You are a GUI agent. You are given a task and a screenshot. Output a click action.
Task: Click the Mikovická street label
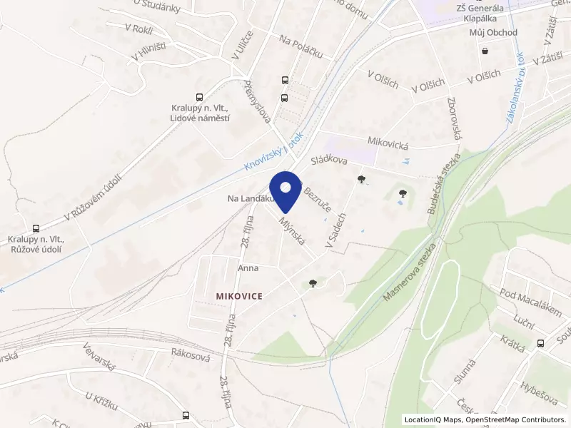[x=388, y=144]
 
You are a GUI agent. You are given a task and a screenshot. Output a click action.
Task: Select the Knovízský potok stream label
[x=274, y=151]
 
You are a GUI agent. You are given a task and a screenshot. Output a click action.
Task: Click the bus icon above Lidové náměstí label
[x=198, y=97]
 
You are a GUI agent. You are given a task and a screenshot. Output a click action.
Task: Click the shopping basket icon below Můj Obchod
[x=485, y=51]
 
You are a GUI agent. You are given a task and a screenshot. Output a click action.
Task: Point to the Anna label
[x=248, y=269]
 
